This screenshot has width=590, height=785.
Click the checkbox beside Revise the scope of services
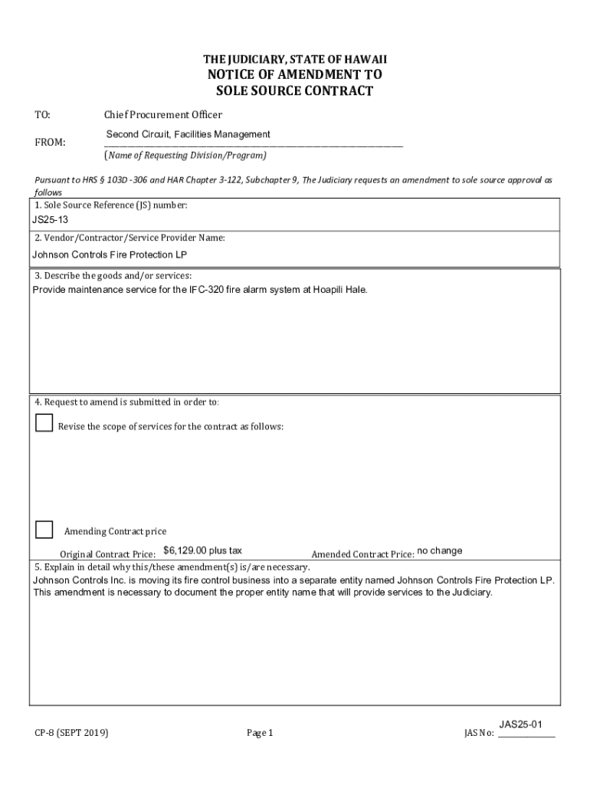(44, 422)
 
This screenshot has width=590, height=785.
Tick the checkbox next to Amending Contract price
(44, 529)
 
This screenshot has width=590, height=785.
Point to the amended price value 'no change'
(440, 550)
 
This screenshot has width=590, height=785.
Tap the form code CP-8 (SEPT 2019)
(71, 733)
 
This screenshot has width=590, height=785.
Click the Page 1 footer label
(260, 733)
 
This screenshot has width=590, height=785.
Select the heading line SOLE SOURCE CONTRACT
(295, 91)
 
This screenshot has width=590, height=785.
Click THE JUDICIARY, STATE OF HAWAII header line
(295, 59)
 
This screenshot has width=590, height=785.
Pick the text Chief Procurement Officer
(163, 115)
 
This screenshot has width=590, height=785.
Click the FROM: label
(51, 143)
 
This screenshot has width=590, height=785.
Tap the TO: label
(43, 115)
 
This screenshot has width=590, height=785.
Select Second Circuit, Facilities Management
(188, 135)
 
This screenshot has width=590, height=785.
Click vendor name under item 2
(110, 255)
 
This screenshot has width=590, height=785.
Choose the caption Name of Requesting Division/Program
(186, 155)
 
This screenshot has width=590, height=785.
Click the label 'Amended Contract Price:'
(362, 554)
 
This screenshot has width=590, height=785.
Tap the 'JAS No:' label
(479, 734)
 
